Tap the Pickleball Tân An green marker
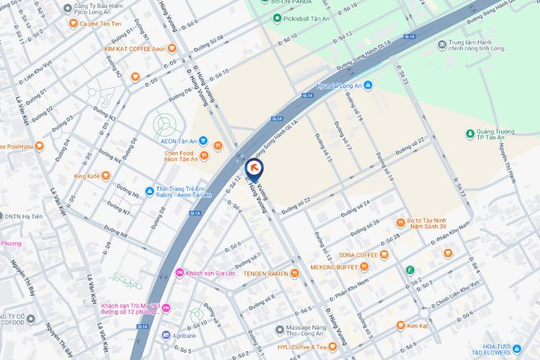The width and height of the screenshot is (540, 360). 277,18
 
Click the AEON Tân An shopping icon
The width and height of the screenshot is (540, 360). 204,140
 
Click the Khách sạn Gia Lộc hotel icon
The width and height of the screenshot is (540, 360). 179,273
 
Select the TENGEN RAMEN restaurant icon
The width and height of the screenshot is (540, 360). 294,273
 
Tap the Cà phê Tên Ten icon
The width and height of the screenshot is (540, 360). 73,23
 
